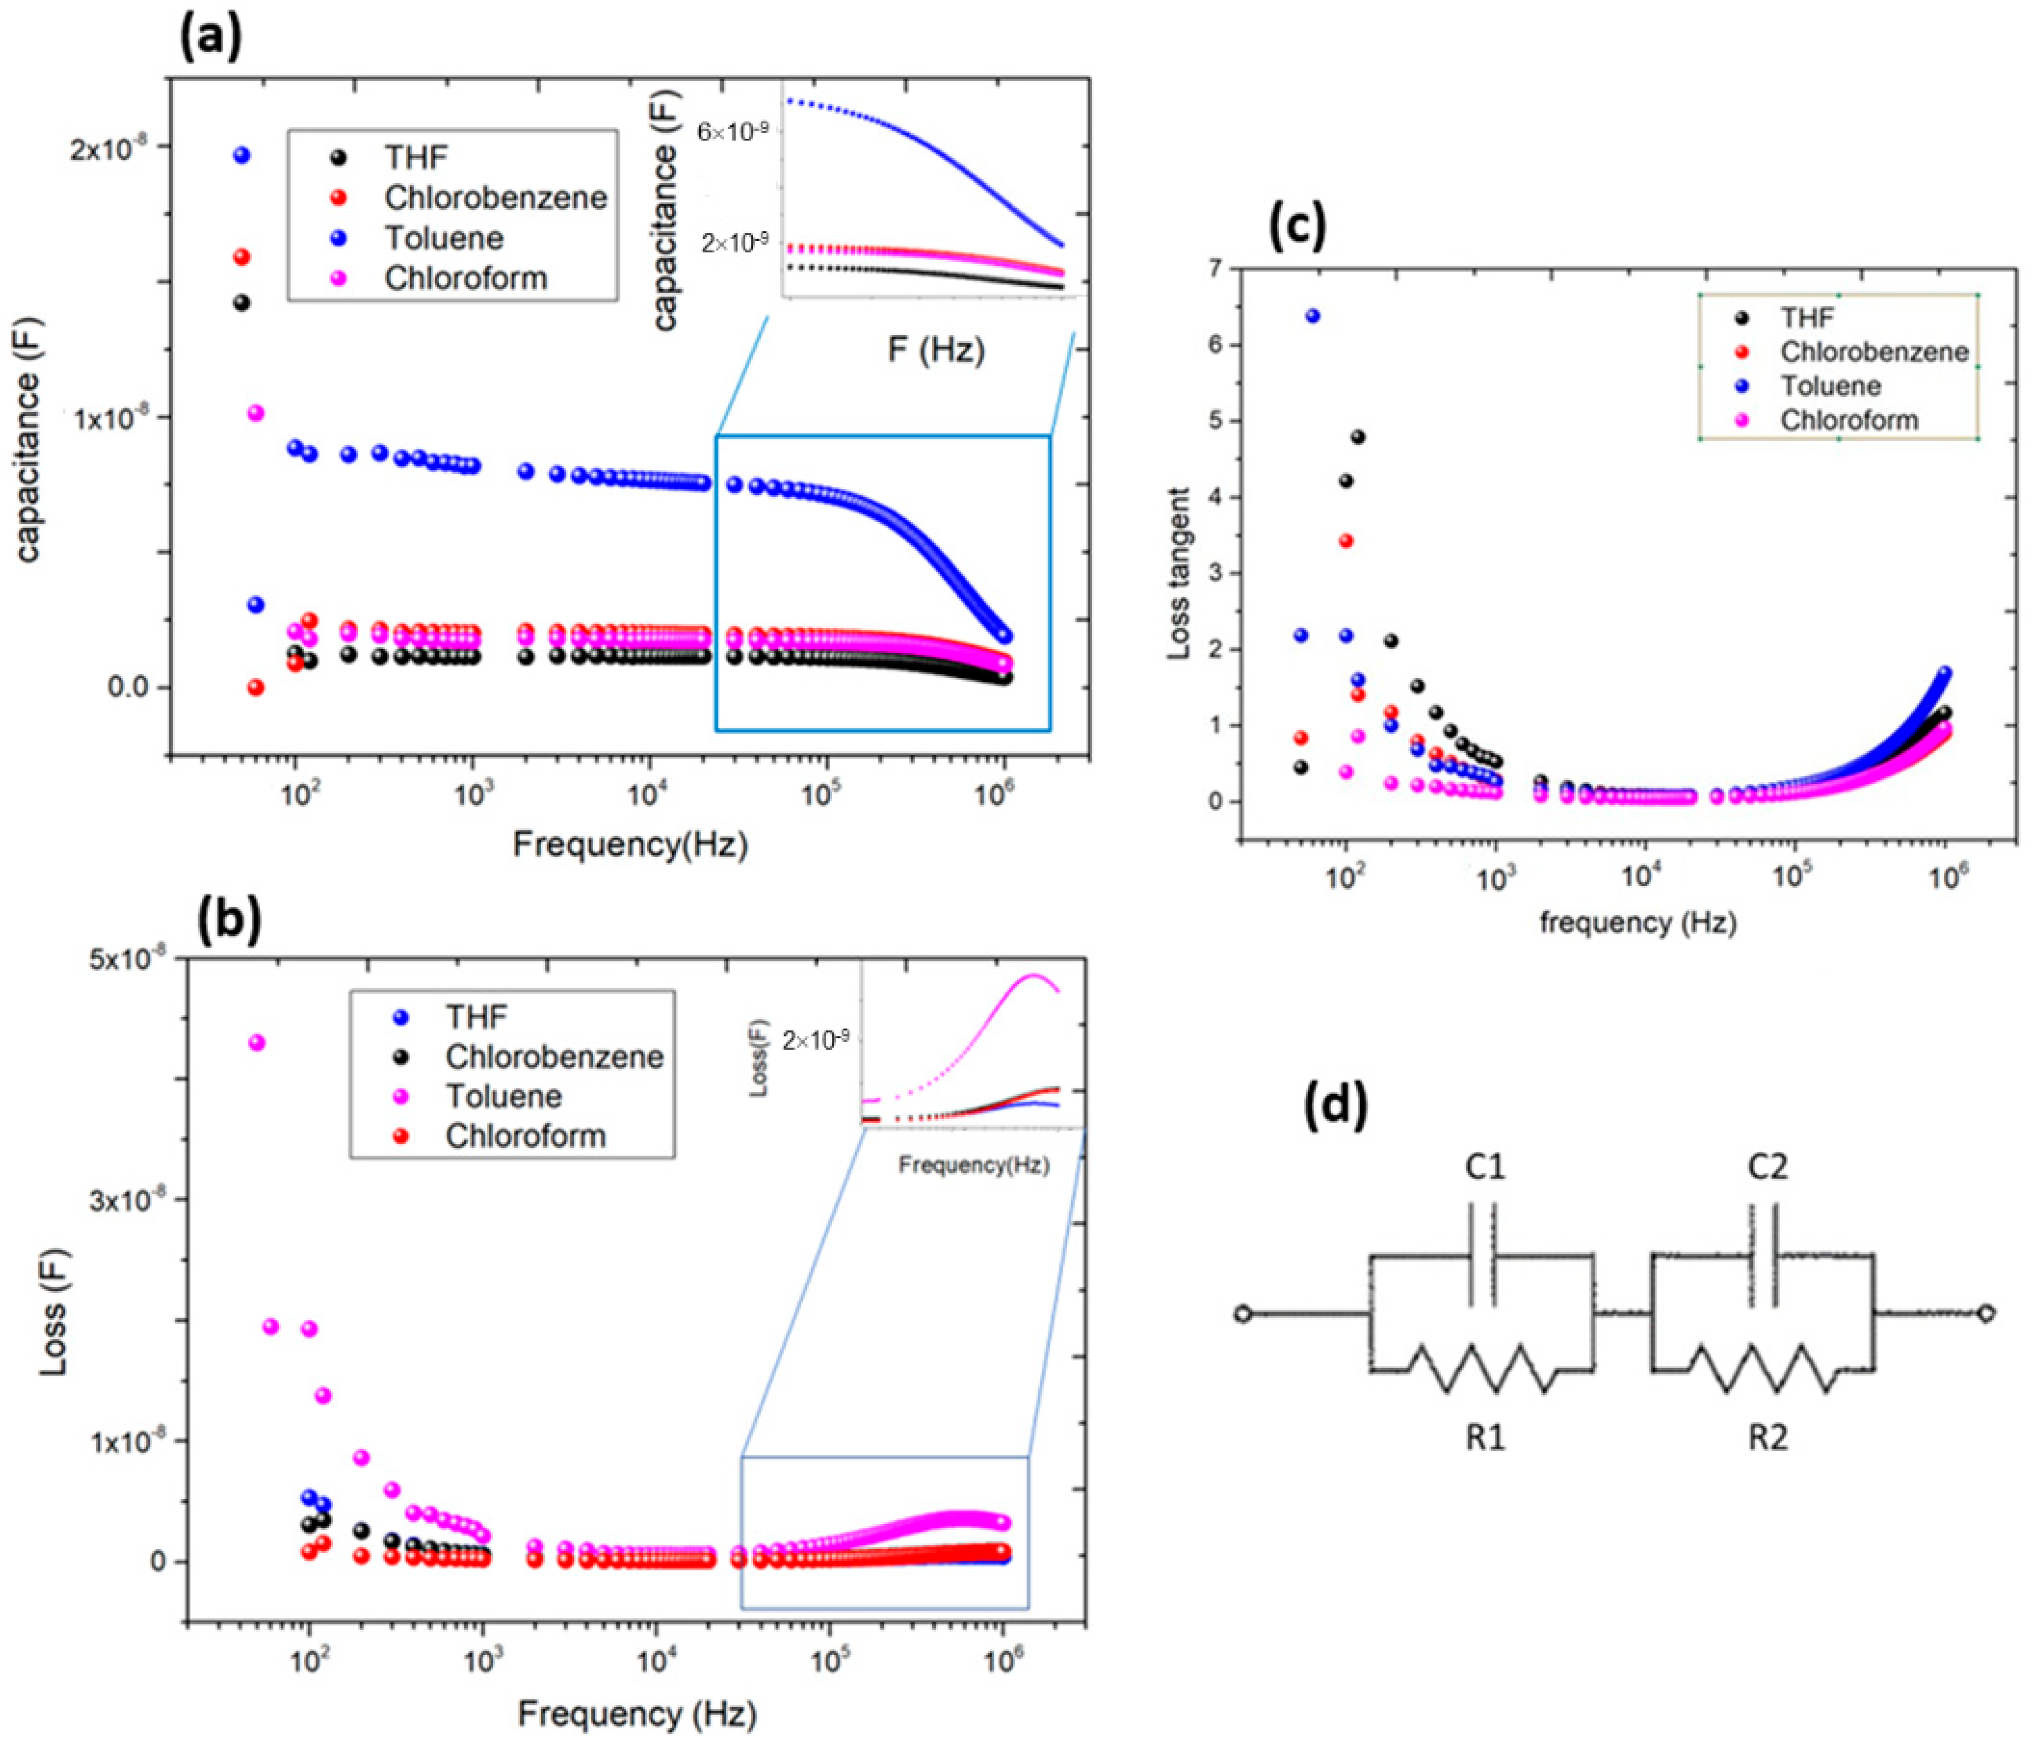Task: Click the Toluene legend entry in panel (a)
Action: click(x=443, y=238)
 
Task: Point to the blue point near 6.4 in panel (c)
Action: click(x=1312, y=316)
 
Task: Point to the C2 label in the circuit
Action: click(x=1767, y=1167)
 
